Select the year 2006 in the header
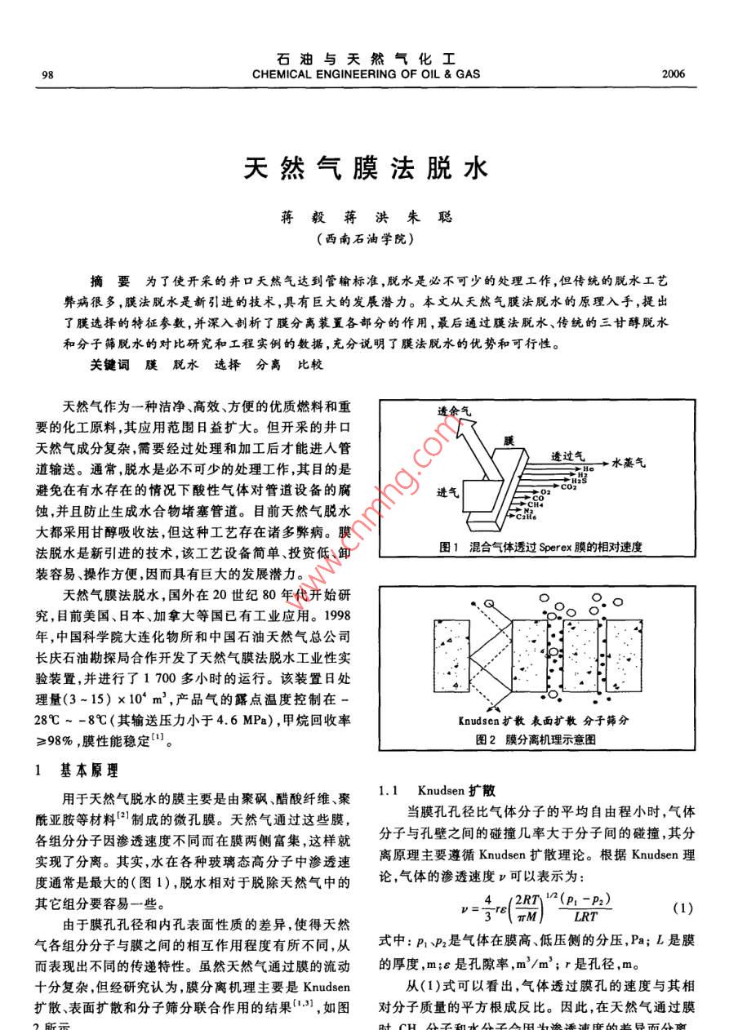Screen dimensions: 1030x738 tap(674, 74)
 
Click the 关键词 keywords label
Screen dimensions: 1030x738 tap(109, 365)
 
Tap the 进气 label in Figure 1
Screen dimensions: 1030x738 tap(447, 492)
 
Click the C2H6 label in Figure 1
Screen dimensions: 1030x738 tap(524, 517)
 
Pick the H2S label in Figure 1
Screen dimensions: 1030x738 tap(576, 481)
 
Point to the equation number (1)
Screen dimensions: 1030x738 tap(682, 908)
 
